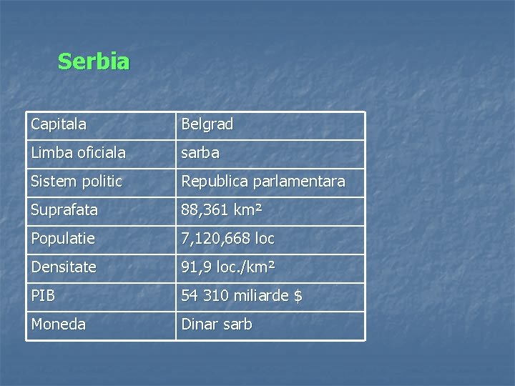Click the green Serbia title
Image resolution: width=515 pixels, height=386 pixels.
(x=94, y=62)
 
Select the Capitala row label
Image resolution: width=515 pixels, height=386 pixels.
(x=59, y=124)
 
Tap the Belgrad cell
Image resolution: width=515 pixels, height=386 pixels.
(x=207, y=124)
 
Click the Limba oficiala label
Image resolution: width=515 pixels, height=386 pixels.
(x=78, y=153)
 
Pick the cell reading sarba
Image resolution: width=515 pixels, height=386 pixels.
(x=200, y=153)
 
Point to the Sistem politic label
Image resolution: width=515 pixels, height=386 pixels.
(x=77, y=182)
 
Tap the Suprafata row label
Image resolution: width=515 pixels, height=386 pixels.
(x=64, y=210)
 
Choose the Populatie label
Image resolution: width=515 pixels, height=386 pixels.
(x=63, y=239)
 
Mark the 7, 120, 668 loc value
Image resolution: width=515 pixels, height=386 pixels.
(x=227, y=239)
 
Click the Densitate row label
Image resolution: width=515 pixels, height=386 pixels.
(x=64, y=267)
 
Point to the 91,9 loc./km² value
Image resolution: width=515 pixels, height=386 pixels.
(x=228, y=267)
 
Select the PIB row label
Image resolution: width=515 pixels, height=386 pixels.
(x=43, y=296)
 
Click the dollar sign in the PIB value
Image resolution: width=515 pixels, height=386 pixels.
(x=298, y=296)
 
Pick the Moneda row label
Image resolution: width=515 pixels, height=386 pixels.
(x=59, y=325)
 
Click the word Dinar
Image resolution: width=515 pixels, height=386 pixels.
(x=199, y=325)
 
